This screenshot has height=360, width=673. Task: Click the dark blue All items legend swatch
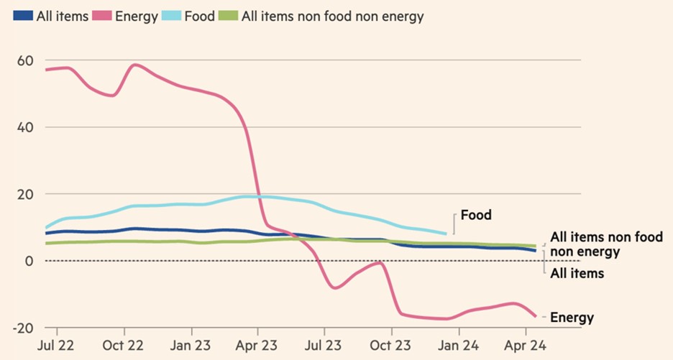[x=23, y=17]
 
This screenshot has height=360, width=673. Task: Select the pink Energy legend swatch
[x=102, y=17]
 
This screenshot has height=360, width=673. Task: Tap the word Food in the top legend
[x=200, y=17]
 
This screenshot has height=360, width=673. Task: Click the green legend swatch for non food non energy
[x=228, y=17]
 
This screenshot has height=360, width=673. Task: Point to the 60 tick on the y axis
[x=25, y=60]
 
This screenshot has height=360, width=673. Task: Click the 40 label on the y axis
[x=25, y=127]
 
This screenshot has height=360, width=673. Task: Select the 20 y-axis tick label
[x=25, y=195]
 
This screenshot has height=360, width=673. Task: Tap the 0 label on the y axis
[x=29, y=261]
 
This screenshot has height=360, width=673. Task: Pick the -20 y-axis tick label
[x=23, y=328]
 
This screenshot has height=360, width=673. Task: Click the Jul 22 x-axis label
[x=55, y=346]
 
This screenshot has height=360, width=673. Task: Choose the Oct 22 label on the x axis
[x=122, y=346]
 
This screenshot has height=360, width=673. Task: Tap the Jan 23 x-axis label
[x=190, y=346]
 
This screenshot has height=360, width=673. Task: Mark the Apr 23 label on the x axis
[x=257, y=346]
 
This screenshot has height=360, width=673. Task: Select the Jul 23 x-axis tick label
[x=323, y=346]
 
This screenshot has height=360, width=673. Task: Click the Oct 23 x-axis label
[x=390, y=346]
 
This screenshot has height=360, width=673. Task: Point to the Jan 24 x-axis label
[x=459, y=346]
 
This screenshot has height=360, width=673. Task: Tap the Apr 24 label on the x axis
[x=526, y=346]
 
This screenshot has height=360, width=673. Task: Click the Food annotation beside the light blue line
[x=476, y=215]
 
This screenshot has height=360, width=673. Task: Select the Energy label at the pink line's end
[x=572, y=318]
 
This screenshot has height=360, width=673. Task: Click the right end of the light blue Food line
[x=446, y=234]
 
